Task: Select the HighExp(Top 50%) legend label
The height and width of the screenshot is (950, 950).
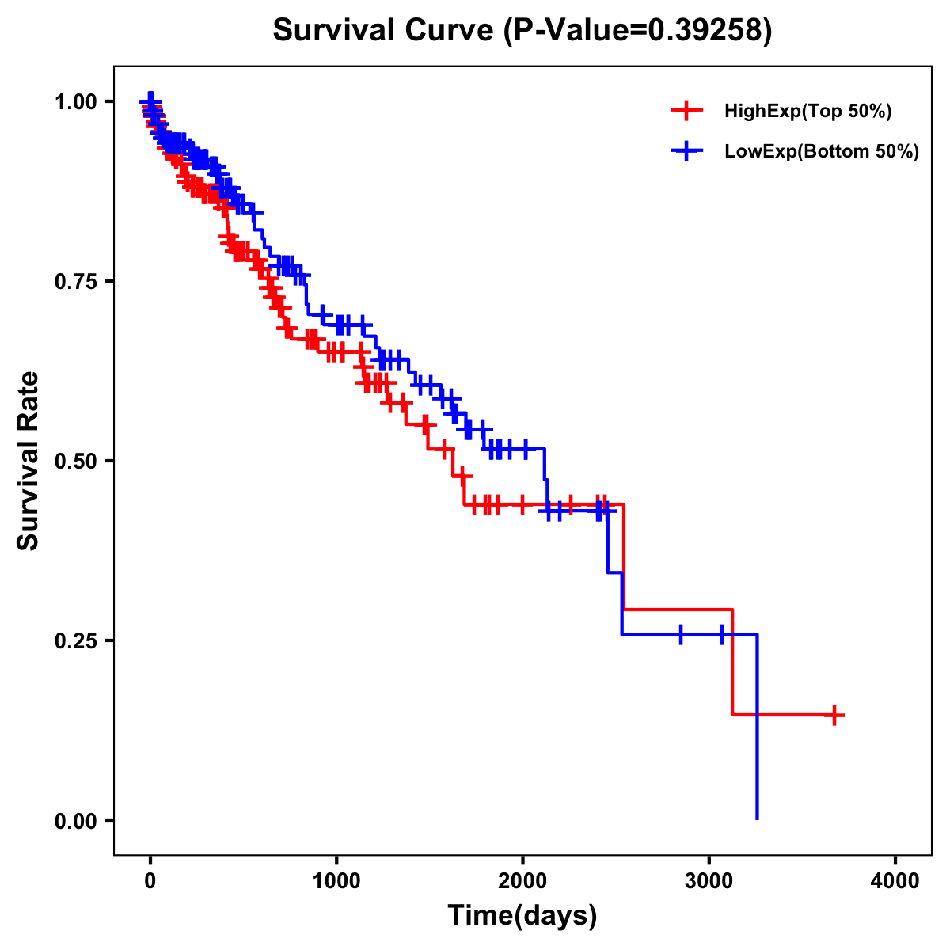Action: point(808,112)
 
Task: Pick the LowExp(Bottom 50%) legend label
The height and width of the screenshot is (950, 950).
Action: point(822,152)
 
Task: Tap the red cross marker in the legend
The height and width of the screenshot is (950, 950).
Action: point(686,111)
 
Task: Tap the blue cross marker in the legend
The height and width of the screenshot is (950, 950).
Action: point(686,151)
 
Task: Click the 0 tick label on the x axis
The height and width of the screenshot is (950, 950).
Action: point(150,881)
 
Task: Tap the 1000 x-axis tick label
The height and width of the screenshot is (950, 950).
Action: point(336,881)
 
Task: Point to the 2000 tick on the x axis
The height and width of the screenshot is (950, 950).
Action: point(522,881)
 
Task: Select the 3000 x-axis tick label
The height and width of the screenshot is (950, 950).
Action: point(709,881)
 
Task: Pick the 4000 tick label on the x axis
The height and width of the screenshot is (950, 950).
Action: point(895,881)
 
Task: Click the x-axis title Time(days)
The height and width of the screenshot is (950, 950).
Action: point(522,916)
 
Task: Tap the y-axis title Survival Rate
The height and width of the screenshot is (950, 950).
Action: point(28,461)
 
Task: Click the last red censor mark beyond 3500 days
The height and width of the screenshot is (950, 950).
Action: point(834,715)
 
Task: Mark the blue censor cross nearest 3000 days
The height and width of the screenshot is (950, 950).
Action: point(722,634)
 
